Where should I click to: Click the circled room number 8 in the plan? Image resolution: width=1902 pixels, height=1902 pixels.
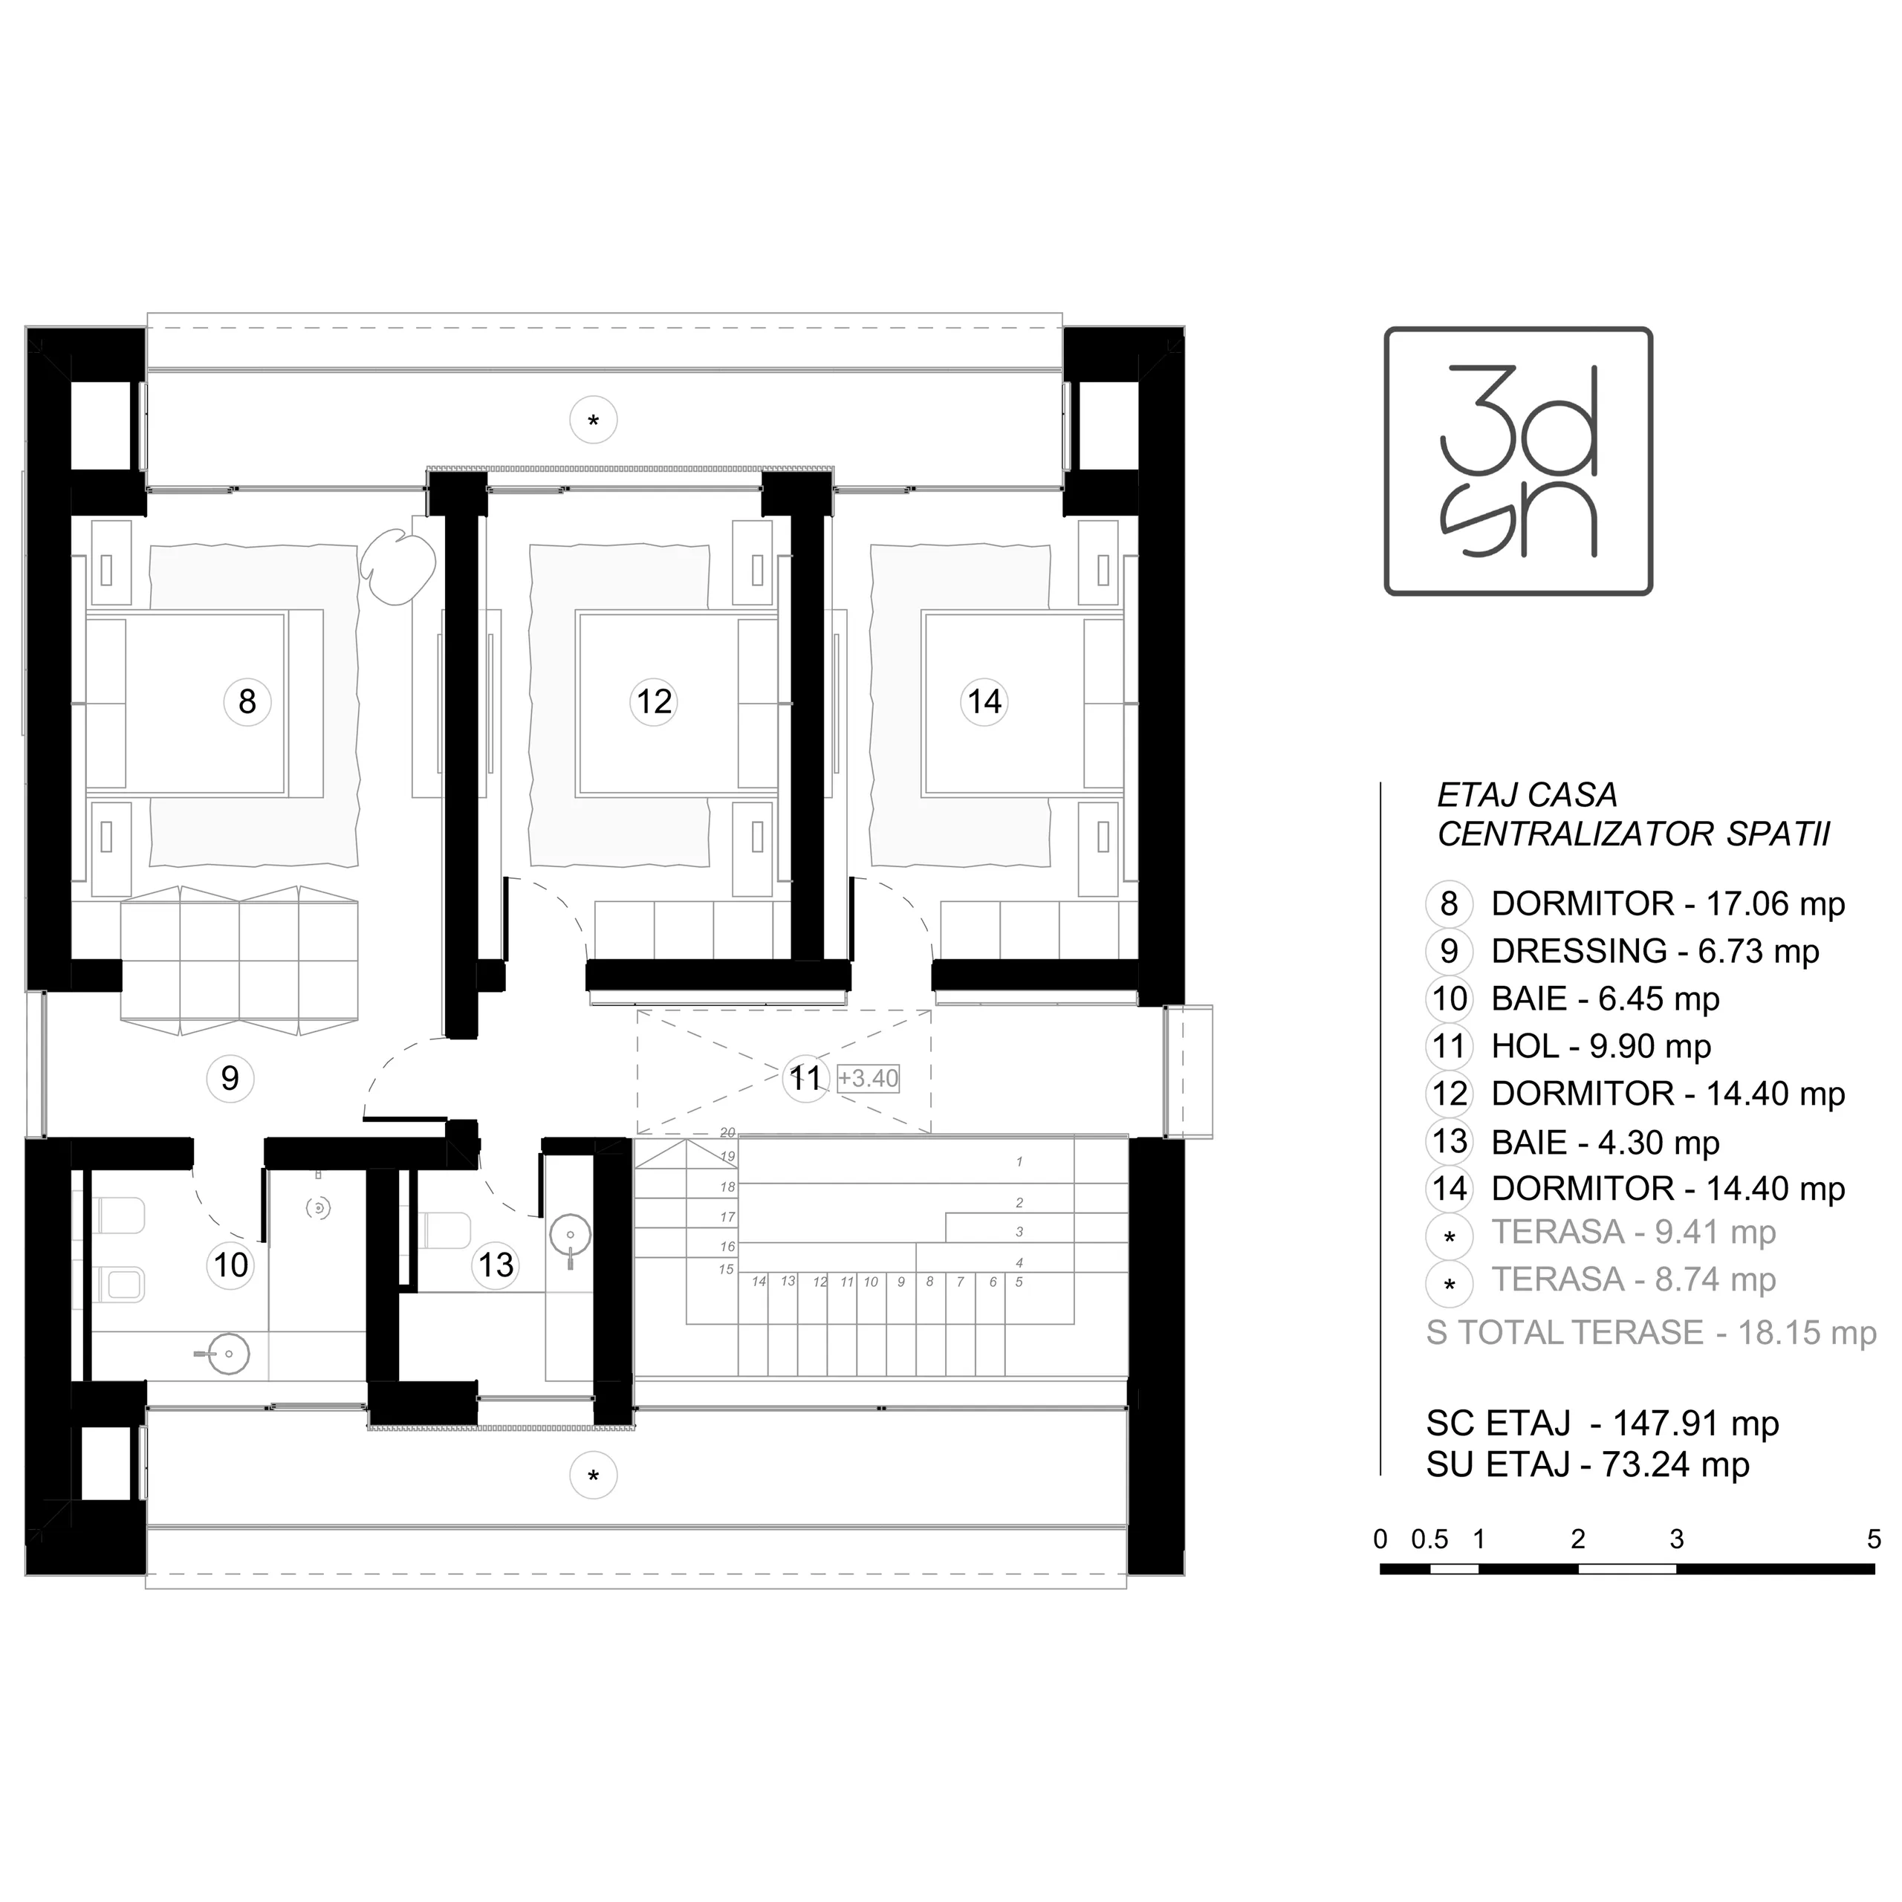[247, 702]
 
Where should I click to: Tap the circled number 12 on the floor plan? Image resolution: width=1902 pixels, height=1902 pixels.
[654, 702]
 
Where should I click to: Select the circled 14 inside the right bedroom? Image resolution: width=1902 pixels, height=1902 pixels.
[984, 702]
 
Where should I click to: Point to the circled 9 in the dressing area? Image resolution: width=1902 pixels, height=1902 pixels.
[230, 1078]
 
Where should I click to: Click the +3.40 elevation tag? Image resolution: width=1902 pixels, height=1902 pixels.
[869, 1078]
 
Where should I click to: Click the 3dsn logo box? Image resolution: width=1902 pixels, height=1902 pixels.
[1518, 461]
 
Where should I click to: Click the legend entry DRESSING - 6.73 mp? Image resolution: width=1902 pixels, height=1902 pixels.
[1655, 951]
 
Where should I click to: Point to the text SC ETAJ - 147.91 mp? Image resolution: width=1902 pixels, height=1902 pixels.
[1602, 1424]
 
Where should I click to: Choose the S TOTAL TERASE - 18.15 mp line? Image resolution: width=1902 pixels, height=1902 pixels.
[1651, 1333]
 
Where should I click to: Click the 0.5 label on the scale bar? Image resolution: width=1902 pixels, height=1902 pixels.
[1429, 1539]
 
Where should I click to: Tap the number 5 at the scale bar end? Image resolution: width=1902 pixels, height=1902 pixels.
[1874, 1539]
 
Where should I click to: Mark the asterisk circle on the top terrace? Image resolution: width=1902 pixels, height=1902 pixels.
[593, 421]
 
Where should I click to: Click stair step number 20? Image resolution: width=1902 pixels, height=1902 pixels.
[727, 1133]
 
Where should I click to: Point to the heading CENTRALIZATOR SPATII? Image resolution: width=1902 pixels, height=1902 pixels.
[1633, 835]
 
